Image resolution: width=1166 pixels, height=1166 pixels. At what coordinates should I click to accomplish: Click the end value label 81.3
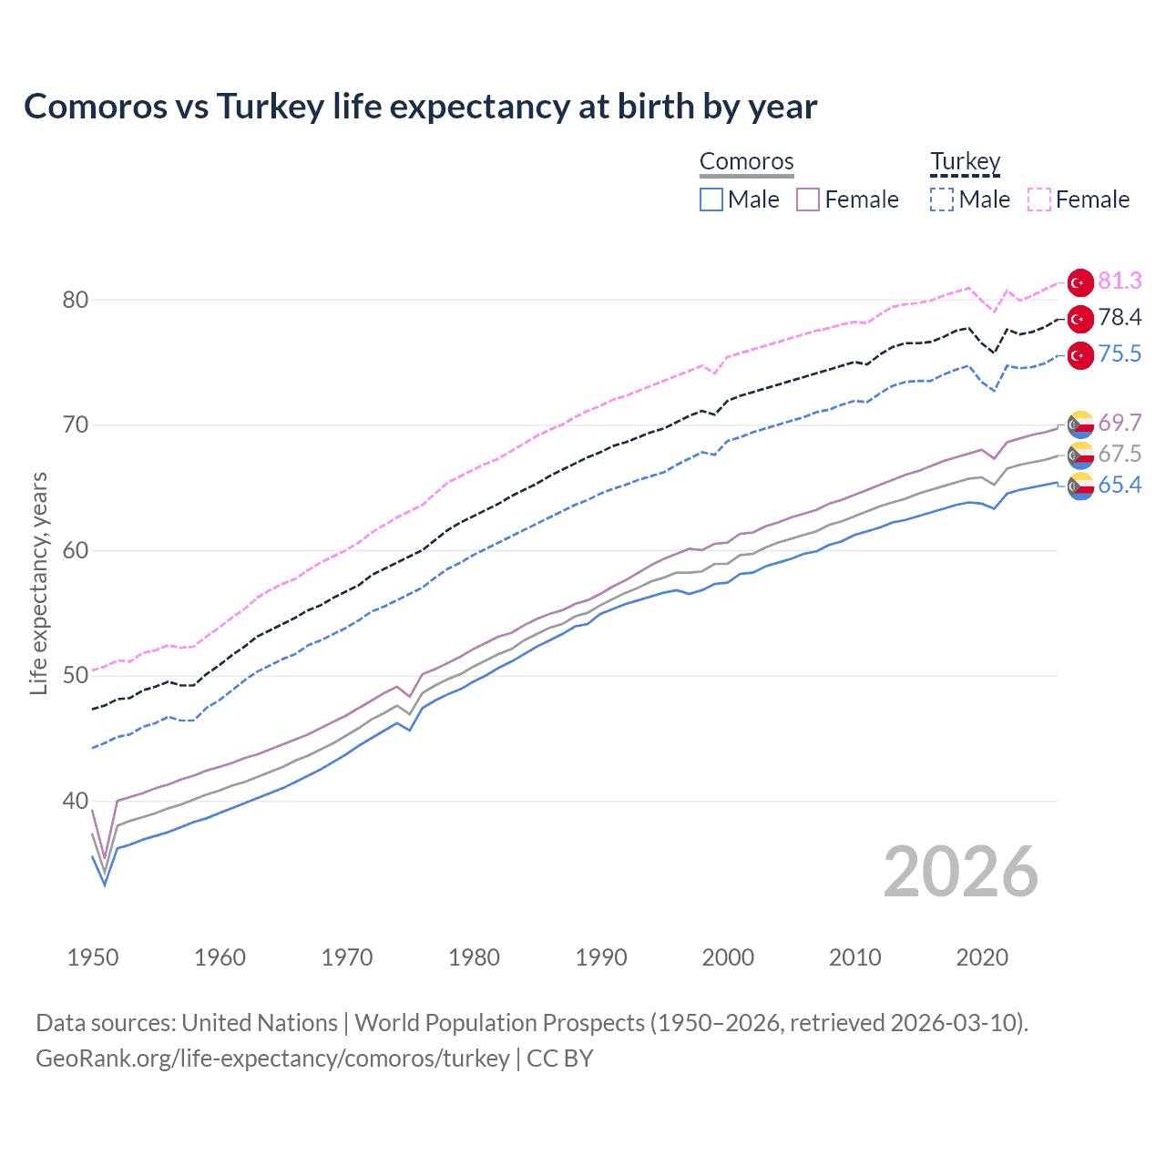[x=1120, y=281]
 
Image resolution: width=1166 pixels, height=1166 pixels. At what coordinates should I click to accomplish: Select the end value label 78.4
[x=1120, y=318]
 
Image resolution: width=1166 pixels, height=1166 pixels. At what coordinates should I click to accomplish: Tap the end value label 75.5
[x=1120, y=354]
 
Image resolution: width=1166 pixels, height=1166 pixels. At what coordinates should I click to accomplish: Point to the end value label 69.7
[x=1120, y=424]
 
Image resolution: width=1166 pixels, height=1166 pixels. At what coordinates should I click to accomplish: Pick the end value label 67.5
[x=1120, y=455]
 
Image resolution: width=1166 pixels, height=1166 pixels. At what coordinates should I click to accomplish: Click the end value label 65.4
[x=1120, y=486]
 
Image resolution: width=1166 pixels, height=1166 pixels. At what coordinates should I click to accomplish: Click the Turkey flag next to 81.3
[x=1080, y=283]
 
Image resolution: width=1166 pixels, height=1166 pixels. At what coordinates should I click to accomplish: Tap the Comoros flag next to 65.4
[x=1080, y=486]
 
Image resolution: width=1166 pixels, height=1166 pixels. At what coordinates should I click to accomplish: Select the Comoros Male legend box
[x=711, y=199]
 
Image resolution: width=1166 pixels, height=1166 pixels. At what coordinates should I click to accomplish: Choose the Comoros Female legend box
[x=808, y=199]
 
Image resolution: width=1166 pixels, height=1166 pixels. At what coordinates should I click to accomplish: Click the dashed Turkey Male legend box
[x=942, y=199]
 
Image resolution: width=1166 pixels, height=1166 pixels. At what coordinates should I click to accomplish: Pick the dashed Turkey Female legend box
[x=1039, y=199]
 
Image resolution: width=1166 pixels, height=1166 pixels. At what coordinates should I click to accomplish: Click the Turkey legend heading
[x=965, y=162]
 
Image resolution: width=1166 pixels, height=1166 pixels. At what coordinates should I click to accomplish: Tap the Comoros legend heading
[x=747, y=162]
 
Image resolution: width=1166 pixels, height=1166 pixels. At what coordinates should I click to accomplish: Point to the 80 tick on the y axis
[x=76, y=300]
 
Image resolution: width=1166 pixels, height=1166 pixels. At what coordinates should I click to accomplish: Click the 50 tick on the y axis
[x=76, y=676]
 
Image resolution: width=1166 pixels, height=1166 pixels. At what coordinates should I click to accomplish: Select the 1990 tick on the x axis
[x=601, y=957]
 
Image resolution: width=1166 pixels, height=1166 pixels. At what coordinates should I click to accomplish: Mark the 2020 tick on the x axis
[x=982, y=957]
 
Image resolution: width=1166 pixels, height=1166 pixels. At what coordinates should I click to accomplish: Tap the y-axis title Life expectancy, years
[x=39, y=583]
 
